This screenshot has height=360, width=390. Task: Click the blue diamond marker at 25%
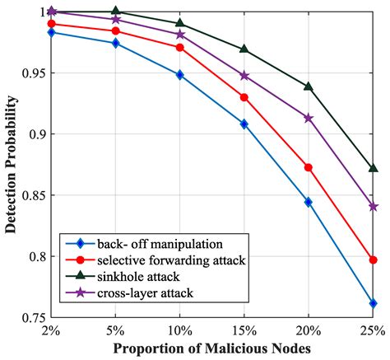pyautogui.click(x=373, y=303)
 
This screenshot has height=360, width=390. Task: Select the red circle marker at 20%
pyautogui.click(x=309, y=167)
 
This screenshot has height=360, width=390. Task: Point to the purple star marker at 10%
pyautogui.click(x=180, y=35)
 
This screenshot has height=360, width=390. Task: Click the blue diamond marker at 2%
pyautogui.click(x=52, y=32)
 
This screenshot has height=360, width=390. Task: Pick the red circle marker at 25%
pyautogui.click(x=373, y=259)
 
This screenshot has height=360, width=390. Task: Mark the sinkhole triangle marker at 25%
pyautogui.click(x=373, y=168)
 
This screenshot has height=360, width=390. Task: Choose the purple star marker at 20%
pyautogui.click(x=309, y=118)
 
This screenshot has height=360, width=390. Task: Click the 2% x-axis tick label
pyautogui.click(x=52, y=330)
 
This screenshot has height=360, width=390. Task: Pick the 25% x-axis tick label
pyautogui.click(x=373, y=330)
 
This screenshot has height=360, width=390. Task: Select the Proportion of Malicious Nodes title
pyautogui.click(x=211, y=349)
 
